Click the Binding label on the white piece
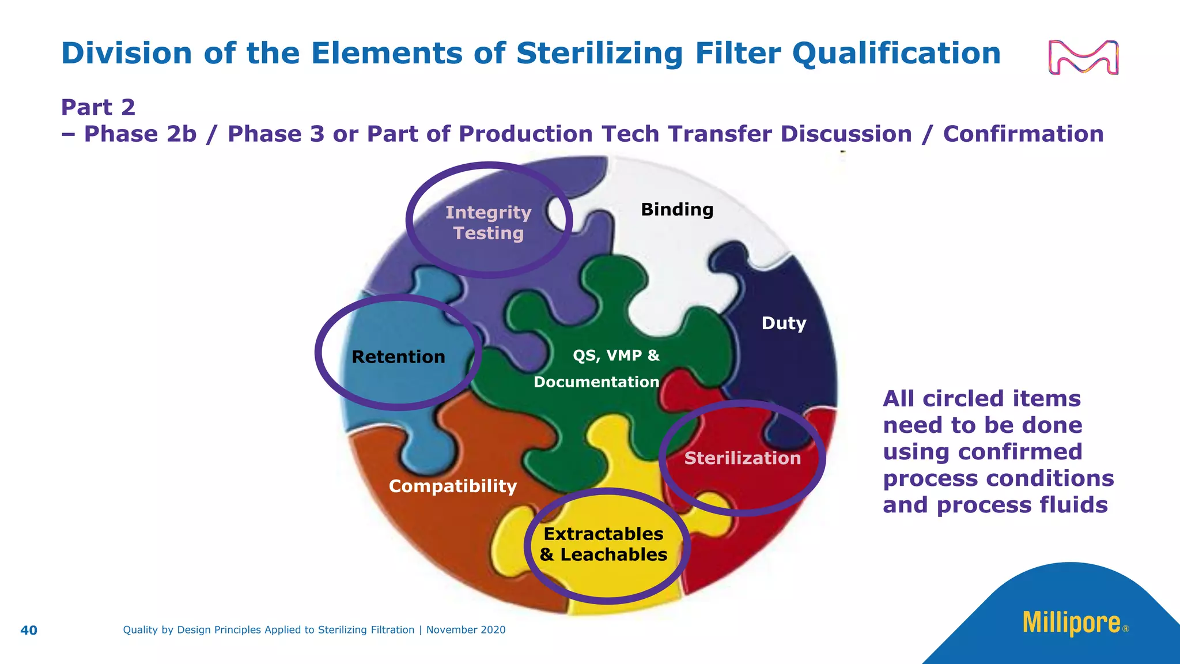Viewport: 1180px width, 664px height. click(677, 210)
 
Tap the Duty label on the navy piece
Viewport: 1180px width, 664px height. click(784, 323)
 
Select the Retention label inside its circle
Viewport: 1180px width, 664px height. click(398, 357)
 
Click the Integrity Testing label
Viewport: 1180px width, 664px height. click(489, 223)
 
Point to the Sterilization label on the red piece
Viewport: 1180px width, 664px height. click(742, 458)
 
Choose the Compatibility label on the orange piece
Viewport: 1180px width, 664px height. click(453, 486)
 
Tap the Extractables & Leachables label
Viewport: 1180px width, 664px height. click(604, 544)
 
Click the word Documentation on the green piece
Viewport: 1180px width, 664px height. click(596, 382)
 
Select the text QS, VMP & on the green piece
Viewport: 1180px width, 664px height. click(616, 356)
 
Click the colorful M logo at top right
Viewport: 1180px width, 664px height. click(1083, 58)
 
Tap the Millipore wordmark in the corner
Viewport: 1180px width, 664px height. click(1072, 624)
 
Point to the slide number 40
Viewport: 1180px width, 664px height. click(29, 631)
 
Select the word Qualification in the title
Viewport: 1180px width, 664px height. click(896, 54)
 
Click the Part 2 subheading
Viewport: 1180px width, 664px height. click(98, 108)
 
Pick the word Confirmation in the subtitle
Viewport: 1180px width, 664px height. click(1023, 134)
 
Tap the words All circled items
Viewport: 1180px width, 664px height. click(981, 399)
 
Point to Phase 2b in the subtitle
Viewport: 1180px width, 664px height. click(140, 134)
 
